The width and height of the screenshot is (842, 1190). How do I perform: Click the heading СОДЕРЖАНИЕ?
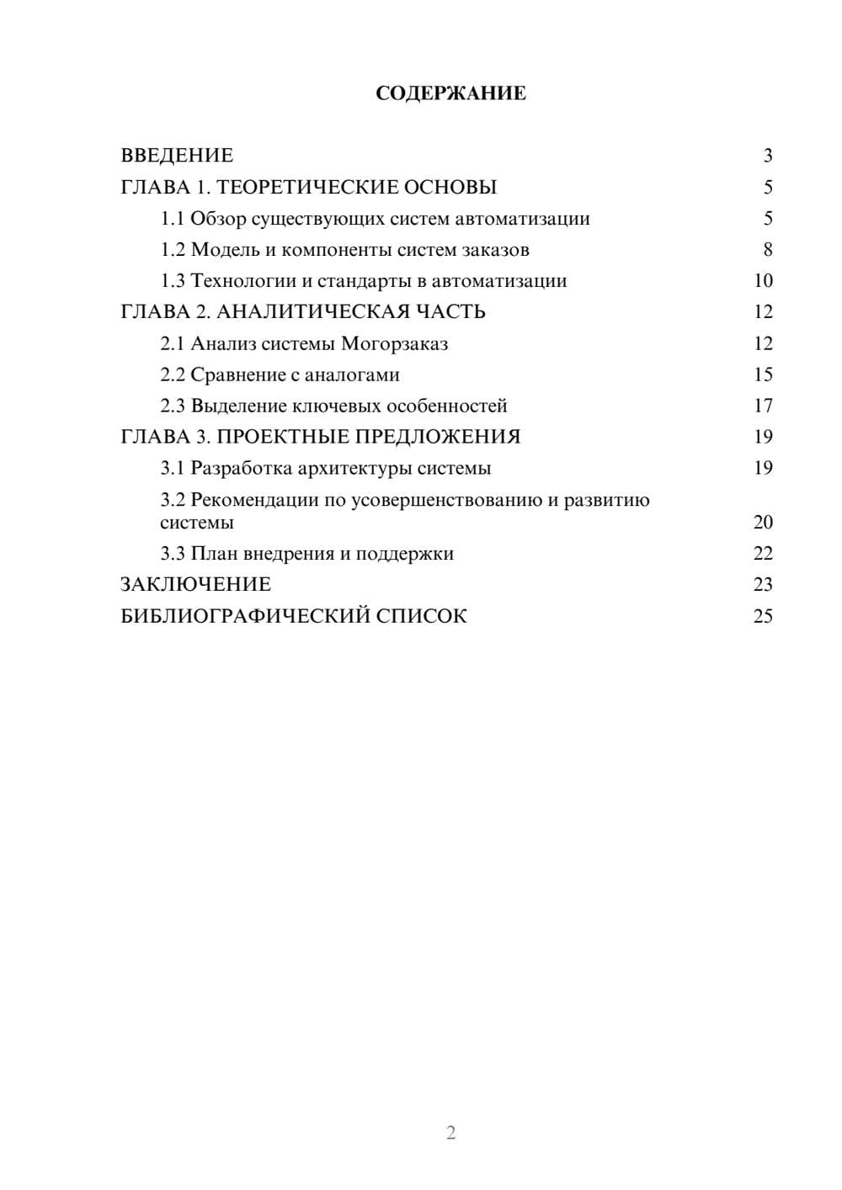pyautogui.click(x=450, y=93)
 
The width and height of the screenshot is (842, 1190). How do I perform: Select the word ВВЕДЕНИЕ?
pyautogui.click(x=177, y=156)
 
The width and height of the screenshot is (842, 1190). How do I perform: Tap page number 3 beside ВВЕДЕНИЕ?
pyautogui.click(x=768, y=156)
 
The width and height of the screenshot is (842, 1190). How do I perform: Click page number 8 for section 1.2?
pyautogui.click(x=768, y=250)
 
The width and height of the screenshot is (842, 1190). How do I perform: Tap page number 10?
pyautogui.click(x=763, y=281)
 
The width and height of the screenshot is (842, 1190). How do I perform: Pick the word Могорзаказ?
pyautogui.click(x=394, y=343)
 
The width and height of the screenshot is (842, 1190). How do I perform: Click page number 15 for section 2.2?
pyautogui.click(x=763, y=375)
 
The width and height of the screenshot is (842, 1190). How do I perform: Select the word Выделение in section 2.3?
pyautogui.click(x=238, y=406)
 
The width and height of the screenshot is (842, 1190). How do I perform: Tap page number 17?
pyautogui.click(x=763, y=406)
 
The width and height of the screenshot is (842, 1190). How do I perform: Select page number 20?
pyautogui.click(x=763, y=523)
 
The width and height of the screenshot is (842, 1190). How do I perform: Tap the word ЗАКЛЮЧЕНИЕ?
pyautogui.click(x=195, y=584)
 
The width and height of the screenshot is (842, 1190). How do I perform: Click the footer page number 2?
pyautogui.click(x=450, y=1133)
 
